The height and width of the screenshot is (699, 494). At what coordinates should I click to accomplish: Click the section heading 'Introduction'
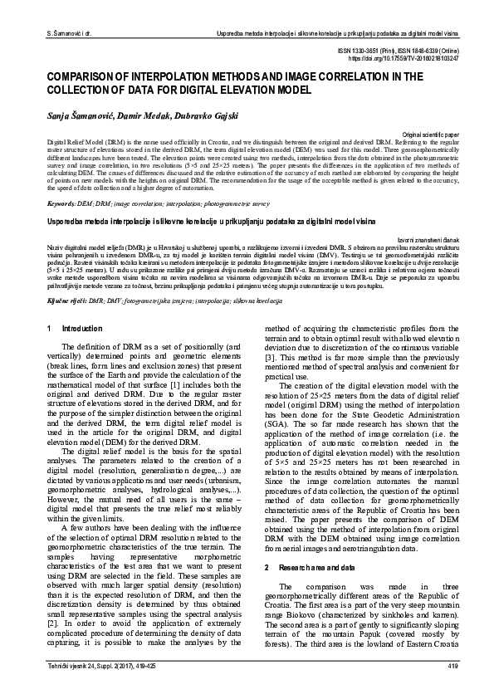click(x=79, y=330)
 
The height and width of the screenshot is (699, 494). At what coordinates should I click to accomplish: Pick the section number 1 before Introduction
click(x=51, y=330)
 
